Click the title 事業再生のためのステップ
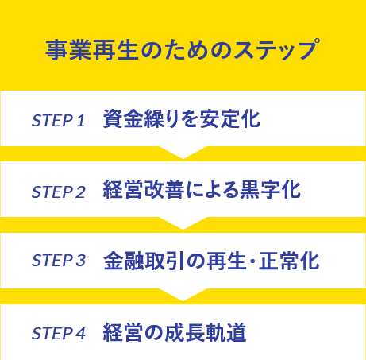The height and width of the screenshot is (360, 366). click(x=183, y=50)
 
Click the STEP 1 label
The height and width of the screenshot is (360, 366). click(x=59, y=121)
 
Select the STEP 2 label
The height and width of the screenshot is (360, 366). click(x=59, y=192)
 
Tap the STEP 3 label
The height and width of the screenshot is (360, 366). click(x=59, y=260)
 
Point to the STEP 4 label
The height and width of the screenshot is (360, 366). click(x=59, y=333)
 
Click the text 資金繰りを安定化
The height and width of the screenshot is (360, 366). click(x=182, y=119)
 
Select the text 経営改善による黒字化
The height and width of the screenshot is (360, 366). click(x=202, y=189)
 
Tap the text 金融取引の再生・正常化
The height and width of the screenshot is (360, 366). click(x=211, y=261)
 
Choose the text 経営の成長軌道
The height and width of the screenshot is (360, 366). click(x=175, y=332)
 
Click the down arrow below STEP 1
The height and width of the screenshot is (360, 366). click(x=183, y=153)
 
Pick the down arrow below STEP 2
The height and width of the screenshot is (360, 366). click(x=183, y=223)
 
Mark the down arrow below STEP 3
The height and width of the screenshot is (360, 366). click(x=183, y=295)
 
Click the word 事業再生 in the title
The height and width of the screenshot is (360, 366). click(x=91, y=50)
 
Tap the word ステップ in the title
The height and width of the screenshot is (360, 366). click(x=276, y=49)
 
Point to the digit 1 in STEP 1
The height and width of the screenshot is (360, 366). click(x=80, y=121)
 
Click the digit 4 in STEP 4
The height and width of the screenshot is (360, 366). click(x=81, y=333)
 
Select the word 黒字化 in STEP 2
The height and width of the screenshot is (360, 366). click(x=270, y=189)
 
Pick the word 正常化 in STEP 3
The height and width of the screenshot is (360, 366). click(x=289, y=261)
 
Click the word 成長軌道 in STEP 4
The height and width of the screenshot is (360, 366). click(x=206, y=332)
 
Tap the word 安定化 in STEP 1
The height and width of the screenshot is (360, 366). click(x=230, y=119)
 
